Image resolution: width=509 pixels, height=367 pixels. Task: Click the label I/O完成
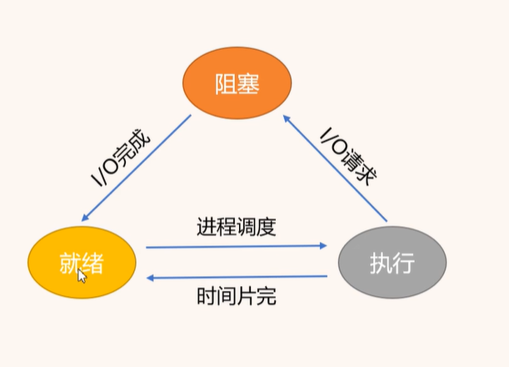tap(121, 158)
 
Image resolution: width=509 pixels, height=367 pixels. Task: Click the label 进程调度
tap(237, 227)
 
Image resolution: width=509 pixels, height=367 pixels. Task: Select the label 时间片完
tap(237, 296)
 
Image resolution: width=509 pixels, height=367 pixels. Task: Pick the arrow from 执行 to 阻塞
tap(336, 170)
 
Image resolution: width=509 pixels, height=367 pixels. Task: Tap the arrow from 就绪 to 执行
tap(237, 246)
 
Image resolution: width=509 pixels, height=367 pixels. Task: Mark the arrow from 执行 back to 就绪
tap(237, 277)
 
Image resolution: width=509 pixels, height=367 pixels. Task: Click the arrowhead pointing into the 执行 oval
tap(323, 245)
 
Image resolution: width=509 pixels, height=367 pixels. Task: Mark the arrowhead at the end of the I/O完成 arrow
tap(86, 219)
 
